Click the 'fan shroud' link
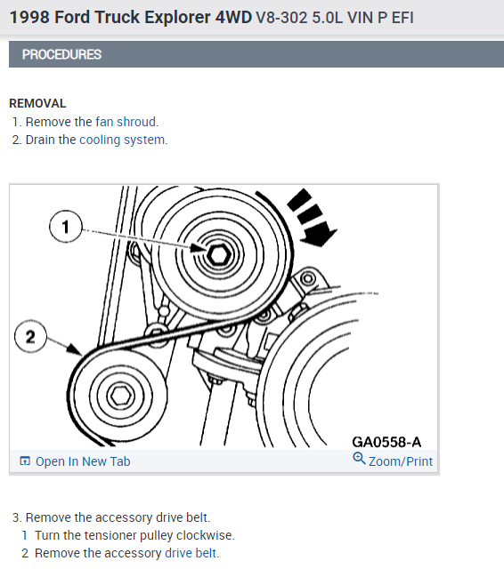(x=126, y=122)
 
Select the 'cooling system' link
(x=122, y=140)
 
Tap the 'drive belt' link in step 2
(x=191, y=553)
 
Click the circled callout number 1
(x=66, y=227)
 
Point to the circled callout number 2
(x=30, y=337)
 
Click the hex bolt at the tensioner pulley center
(x=219, y=254)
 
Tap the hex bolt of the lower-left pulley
(x=120, y=396)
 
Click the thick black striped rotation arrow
(x=311, y=217)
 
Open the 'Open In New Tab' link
(x=83, y=461)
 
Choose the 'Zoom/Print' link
(x=401, y=461)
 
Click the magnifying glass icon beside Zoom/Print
(x=359, y=459)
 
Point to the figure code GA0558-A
(x=386, y=442)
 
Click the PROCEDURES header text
(x=61, y=54)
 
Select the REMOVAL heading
(x=37, y=103)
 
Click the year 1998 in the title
(x=29, y=17)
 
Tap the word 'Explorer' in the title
(x=177, y=17)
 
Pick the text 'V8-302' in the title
(x=281, y=18)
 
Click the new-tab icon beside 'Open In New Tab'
(x=25, y=461)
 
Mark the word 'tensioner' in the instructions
(x=111, y=535)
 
